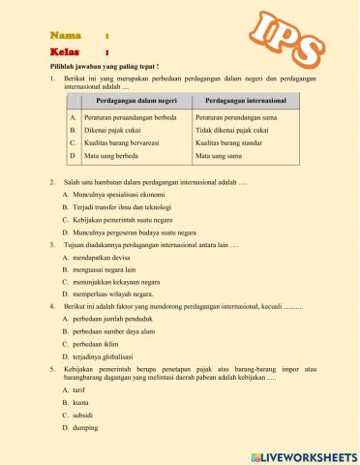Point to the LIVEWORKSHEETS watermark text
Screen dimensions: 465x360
(304, 453)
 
